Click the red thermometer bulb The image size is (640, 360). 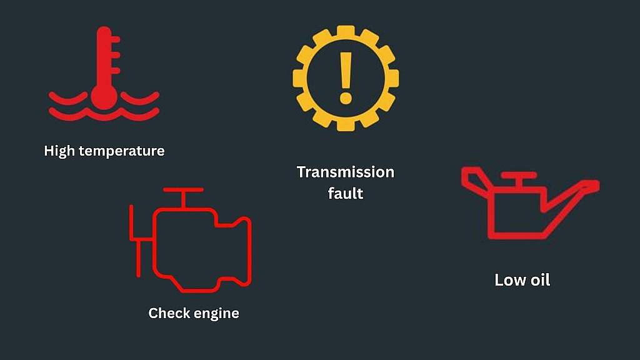click(104, 97)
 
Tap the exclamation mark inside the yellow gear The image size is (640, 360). click(346, 77)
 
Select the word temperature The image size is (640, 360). click(122, 151)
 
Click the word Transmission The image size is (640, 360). click(345, 172)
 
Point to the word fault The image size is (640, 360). click(345, 193)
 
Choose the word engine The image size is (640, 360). click(216, 314)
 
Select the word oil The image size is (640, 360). click(538, 280)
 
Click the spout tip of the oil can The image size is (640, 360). click(594, 185)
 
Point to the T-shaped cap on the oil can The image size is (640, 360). click(519, 179)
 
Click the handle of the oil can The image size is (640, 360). click(474, 179)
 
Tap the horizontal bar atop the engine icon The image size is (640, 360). click(183, 190)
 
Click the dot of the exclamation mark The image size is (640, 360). click(346, 98)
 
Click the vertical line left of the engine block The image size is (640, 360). click(131, 223)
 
